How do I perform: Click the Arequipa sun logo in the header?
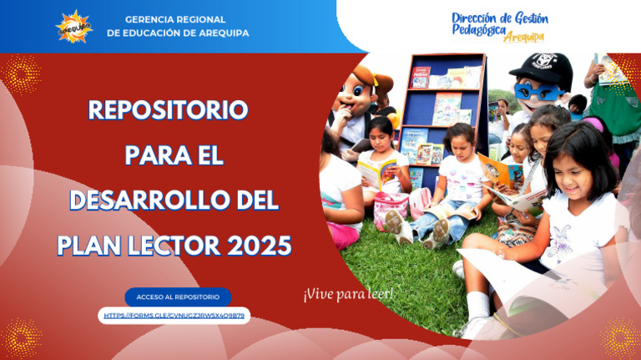(x=73, y=26)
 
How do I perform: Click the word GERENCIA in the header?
(x=151, y=19)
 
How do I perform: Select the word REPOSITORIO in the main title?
(x=168, y=109)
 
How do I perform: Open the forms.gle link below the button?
(x=174, y=316)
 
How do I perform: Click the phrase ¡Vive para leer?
(x=349, y=294)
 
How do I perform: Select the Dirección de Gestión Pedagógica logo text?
(x=499, y=23)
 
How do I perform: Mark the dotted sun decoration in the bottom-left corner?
(x=22, y=334)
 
